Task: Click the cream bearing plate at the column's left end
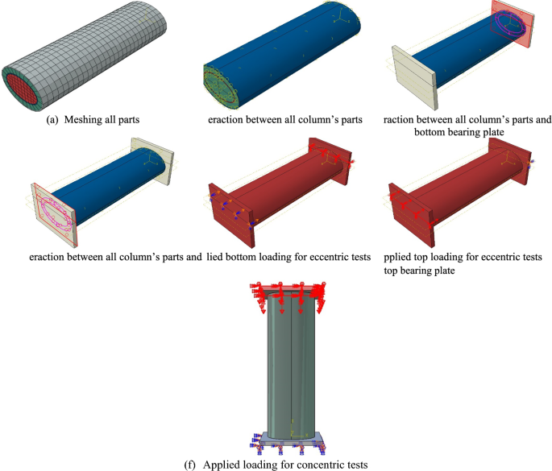coord(413,76)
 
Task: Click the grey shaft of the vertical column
coord(290,362)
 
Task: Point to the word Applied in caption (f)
coord(225,464)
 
